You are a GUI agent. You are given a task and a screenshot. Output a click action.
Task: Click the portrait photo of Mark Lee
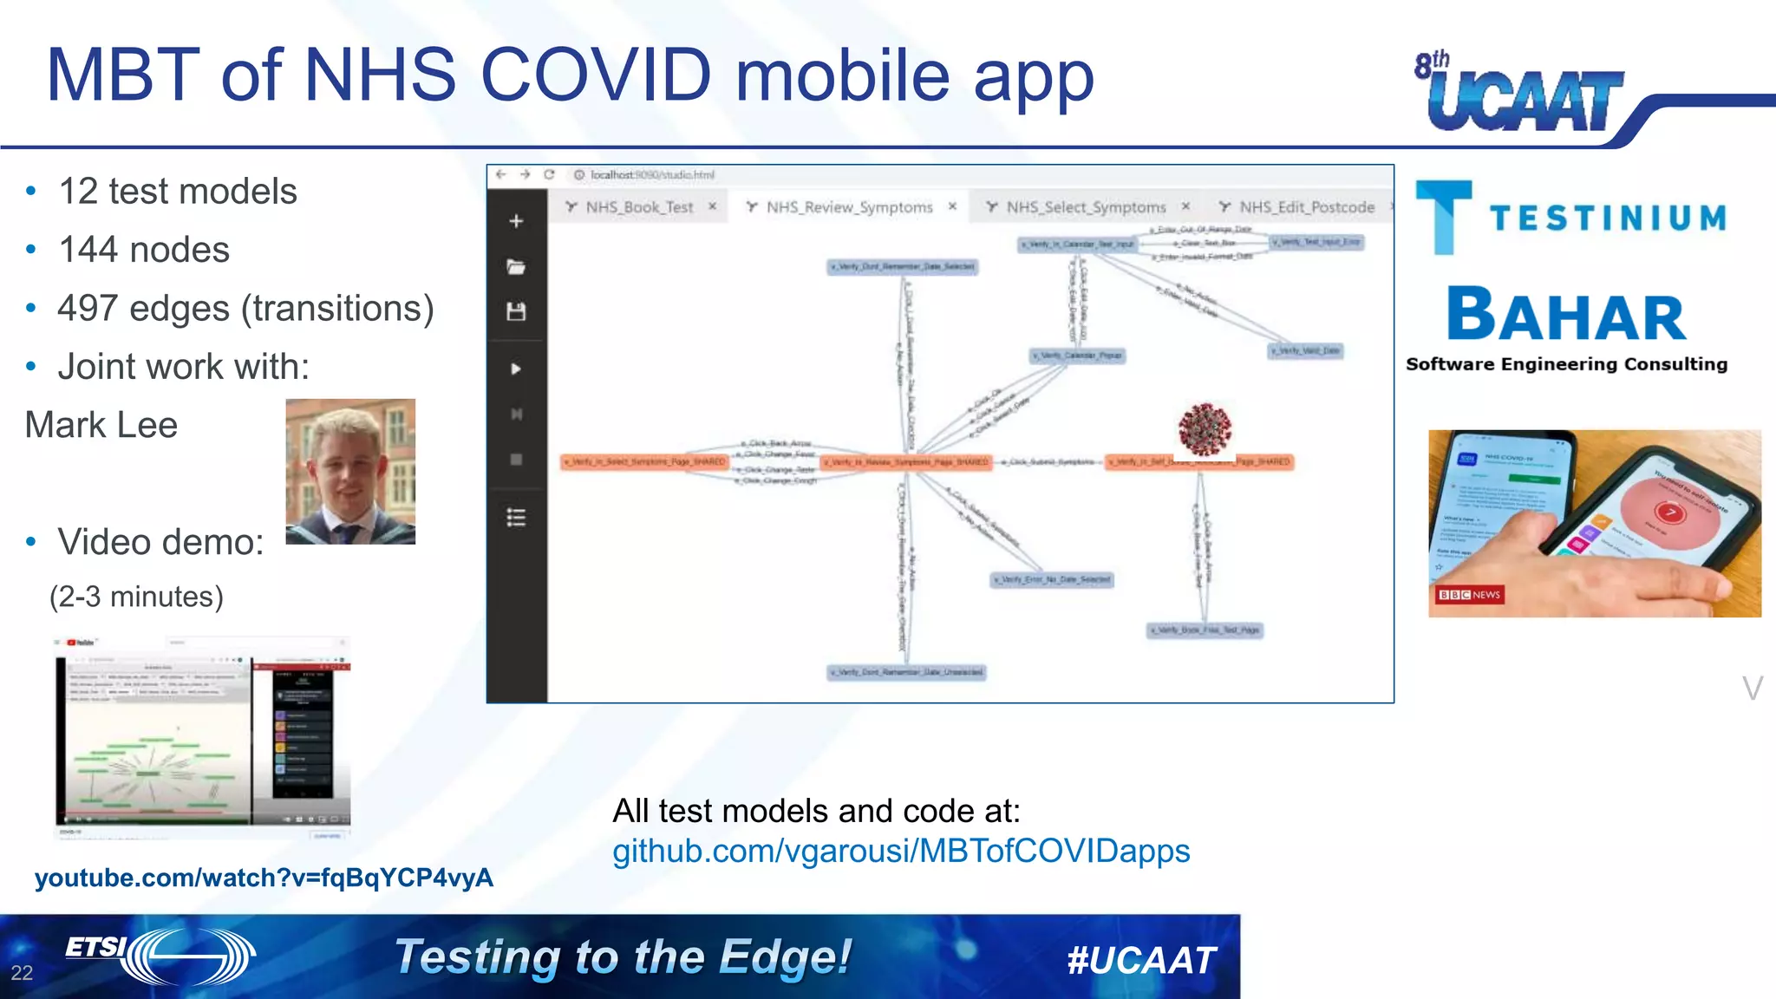(350, 471)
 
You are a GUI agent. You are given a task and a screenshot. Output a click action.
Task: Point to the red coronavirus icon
(1205, 429)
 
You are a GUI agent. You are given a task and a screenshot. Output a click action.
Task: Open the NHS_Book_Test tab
(639, 207)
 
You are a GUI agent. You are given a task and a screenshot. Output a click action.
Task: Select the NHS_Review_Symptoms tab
(848, 207)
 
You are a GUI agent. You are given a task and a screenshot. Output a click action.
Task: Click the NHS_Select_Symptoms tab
(1085, 207)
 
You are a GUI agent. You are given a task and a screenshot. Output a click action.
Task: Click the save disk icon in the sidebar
(516, 311)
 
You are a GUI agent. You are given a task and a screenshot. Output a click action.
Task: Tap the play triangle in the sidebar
(516, 369)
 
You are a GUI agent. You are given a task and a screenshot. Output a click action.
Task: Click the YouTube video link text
(264, 878)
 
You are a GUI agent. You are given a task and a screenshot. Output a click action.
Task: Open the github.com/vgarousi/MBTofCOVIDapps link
(901, 851)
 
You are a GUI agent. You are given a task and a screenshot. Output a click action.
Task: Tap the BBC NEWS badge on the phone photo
(1469, 594)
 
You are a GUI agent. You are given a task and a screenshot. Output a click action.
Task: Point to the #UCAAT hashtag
(1141, 960)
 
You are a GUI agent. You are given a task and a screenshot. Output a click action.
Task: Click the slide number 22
(22, 973)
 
